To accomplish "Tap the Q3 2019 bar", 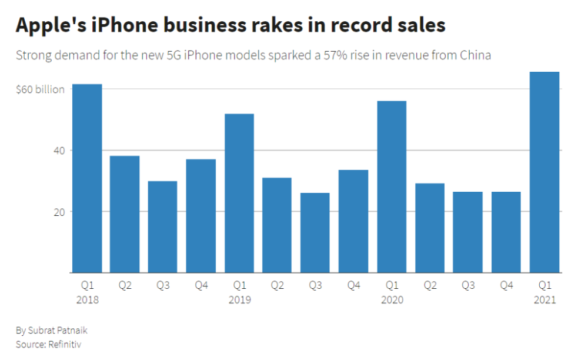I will (x=315, y=233).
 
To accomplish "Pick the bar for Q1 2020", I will (x=392, y=187).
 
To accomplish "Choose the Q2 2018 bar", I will (x=125, y=214).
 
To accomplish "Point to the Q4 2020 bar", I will (x=506, y=232).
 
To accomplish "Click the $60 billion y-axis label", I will (x=40, y=89).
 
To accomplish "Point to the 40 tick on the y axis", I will (x=56, y=151).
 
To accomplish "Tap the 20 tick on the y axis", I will (x=56, y=212).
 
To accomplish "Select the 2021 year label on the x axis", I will (x=544, y=300).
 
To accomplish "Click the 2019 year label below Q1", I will (x=239, y=300).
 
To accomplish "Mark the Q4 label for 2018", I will (x=201, y=286).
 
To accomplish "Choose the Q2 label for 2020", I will (x=430, y=286).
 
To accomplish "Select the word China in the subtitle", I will (x=475, y=56).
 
